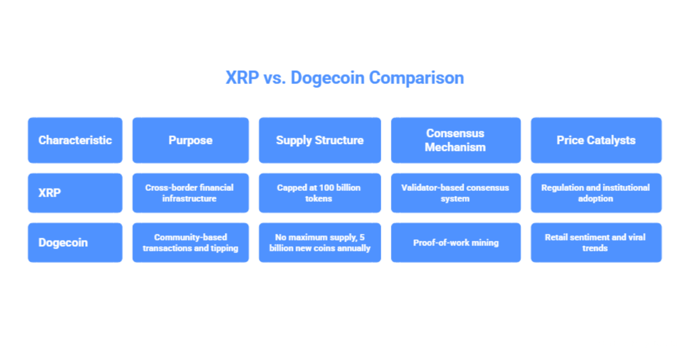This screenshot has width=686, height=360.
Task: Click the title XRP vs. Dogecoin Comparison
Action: click(x=345, y=78)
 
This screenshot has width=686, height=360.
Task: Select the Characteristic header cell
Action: click(x=75, y=141)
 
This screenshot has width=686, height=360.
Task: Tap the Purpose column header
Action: click(x=190, y=141)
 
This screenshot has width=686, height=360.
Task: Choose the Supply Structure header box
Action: click(x=320, y=141)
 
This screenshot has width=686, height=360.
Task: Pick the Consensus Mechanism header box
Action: click(x=456, y=141)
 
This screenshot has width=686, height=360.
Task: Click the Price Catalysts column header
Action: click(x=596, y=141)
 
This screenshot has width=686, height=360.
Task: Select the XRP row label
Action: click(x=75, y=193)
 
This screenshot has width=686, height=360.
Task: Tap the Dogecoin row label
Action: click(x=75, y=242)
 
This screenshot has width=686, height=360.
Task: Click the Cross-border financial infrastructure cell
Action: click(x=190, y=193)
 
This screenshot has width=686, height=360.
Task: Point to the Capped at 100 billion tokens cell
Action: click(x=320, y=193)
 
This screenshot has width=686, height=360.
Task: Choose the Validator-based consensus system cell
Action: click(x=456, y=193)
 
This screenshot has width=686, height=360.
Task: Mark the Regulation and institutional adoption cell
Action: click(x=596, y=193)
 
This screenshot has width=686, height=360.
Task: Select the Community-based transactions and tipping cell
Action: click(x=190, y=242)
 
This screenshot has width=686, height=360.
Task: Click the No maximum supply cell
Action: click(x=320, y=242)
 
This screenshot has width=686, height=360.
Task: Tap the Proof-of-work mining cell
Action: click(x=456, y=242)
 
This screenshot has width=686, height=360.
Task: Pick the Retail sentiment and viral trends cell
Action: click(x=596, y=242)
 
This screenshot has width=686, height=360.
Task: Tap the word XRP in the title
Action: click(x=242, y=78)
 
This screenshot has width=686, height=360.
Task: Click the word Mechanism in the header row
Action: click(x=456, y=147)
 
